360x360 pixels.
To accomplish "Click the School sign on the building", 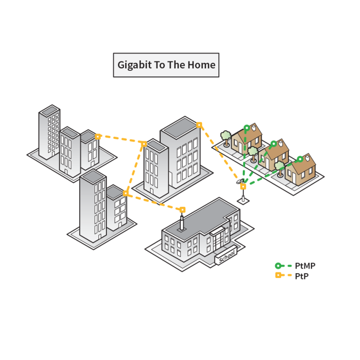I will pyautogui.click(x=226, y=255).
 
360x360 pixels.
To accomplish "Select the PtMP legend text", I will pyautogui.click(x=305, y=266).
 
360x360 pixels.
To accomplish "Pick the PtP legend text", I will pyautogui.click(x=301, y=276).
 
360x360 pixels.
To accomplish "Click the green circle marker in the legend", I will pyautogui.click(x=278, y=266).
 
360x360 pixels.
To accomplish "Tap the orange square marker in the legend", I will pyautogui.click(x=278, y=275).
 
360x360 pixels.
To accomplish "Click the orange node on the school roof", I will pyautogui.click(x=182, y=210).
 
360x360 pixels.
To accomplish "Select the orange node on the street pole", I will pyautogui.click(x=243, y=187).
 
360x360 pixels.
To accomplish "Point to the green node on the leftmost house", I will pyautogui.click(x=247, y=127).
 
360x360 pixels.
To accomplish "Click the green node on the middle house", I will pyautogui.click(x=273, y=143).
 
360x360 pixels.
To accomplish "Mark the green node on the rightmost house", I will pyautogui.click(x=300, y=159).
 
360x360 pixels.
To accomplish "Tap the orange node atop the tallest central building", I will pyautogui.click(x=199, y=125).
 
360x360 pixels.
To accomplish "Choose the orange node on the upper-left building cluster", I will pyautogui.click(x=98, y=136).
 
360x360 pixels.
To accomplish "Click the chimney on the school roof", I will pyautogui.click(x=182, y=223).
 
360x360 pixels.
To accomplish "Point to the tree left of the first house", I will pyautogui.click(x=226, y=137).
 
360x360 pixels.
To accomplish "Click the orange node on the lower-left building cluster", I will pyautogui.click(x=125, y=193).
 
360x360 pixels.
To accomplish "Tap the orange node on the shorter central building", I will pyautogui.click(x=144, y=143).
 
